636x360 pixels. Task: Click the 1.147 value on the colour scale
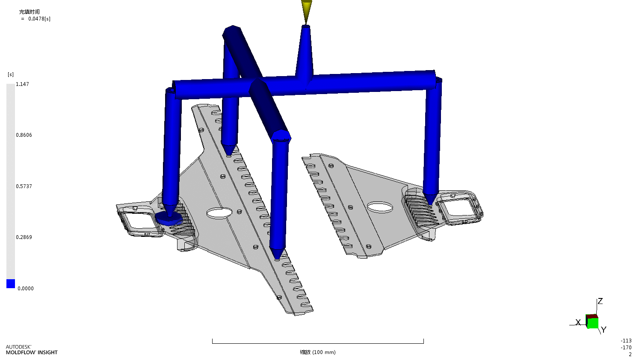(x=22, y=84)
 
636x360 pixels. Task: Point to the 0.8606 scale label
(x=24, y=135)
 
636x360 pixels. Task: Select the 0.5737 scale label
(x=24, y=186)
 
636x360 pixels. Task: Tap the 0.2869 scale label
(x=24, y=237)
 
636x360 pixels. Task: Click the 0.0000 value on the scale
(x=26, y=289)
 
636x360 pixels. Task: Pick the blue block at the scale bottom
(x=11, y=283)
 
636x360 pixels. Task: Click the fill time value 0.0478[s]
(x=39, y=19)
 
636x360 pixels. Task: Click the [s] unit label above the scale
(x=11, y=74)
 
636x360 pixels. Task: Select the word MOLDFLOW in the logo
(x=21, y=352)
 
